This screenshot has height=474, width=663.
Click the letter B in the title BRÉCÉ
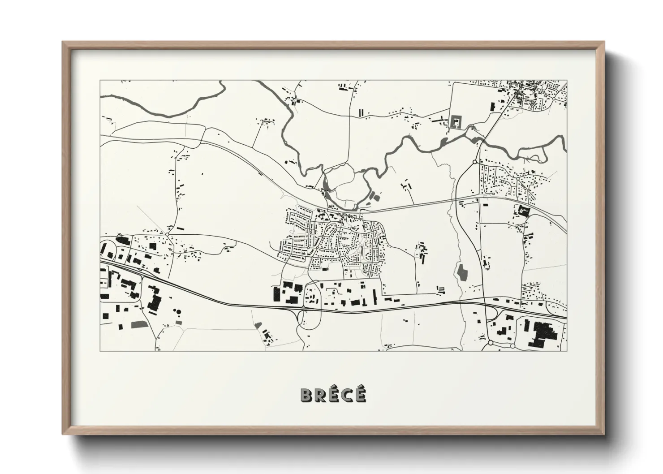point(307,395)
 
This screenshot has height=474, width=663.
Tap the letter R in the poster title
point(322,395)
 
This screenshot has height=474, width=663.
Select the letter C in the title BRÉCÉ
point(346,395)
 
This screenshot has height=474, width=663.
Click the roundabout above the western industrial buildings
point(167,234)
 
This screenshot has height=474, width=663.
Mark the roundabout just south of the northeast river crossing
point(474,162)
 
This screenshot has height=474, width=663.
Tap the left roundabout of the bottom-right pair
point(490,343)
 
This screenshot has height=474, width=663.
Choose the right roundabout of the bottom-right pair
point(512,345)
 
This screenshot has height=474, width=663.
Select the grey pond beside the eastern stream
point(461,272)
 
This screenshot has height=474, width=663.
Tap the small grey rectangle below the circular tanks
point(179,322)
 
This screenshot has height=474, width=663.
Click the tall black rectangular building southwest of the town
point(276,295)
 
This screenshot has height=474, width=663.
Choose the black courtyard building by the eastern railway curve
point(522,210)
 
